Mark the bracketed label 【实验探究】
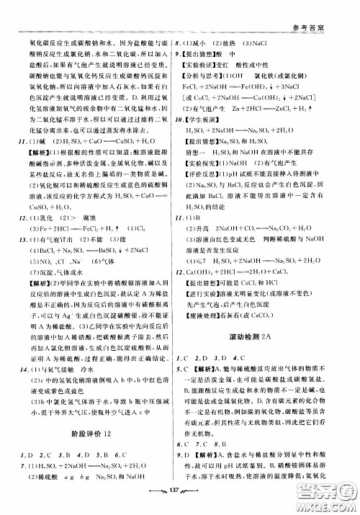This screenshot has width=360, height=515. tap(210, 184)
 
